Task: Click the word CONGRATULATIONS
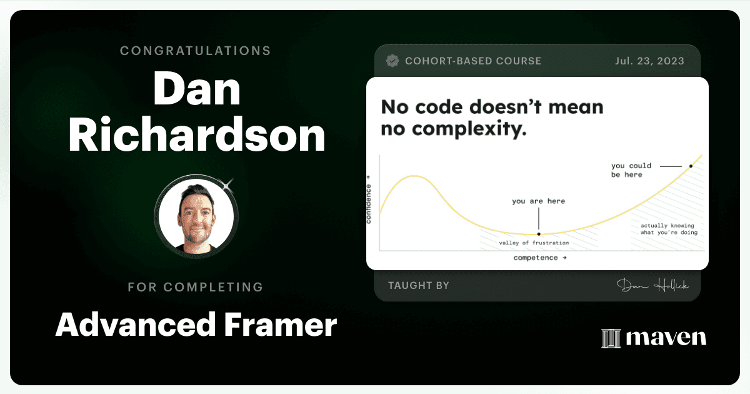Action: pos(195,51)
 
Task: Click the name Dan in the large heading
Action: pos(197,89)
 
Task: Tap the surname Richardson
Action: pos(197,134)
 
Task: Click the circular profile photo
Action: pos(196,216)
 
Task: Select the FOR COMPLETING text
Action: pos(196,287)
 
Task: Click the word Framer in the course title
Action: pos(281,325)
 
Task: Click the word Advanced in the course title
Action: pos(136,325)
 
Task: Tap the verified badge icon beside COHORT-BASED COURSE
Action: pos(392,61)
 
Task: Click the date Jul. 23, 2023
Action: pos(649,61)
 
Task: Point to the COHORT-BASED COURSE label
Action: pos(473,61)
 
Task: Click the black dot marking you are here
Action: pos(539,234)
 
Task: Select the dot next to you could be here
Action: pos(691,166)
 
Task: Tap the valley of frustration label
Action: pos(534,243)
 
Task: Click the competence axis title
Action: pos(540,258)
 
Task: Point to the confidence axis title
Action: pos(369,200)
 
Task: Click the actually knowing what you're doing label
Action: pos(669,229)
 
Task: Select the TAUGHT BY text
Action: pos(419,285)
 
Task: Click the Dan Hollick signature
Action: pos(653,285)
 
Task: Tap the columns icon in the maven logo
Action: pos(611,338)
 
